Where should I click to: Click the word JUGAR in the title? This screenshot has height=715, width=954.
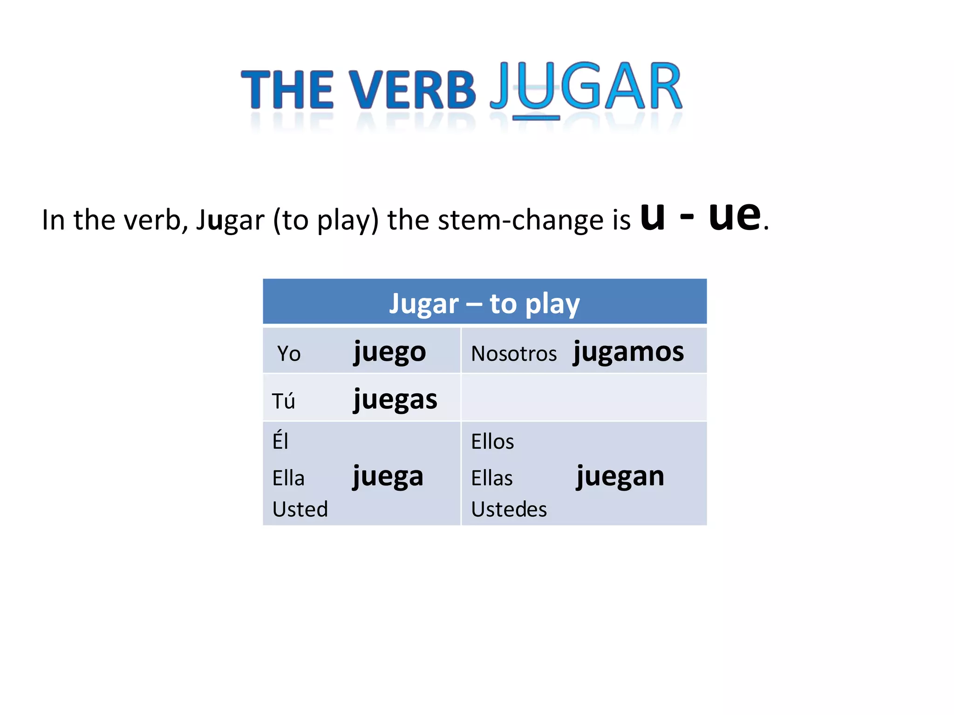pyautogui.click(x=586, y=87)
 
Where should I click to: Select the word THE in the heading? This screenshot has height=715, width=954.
pyautogui.click(x=287, y=90)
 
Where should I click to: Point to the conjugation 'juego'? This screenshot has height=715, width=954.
pyautogui.click(x=389, y=352)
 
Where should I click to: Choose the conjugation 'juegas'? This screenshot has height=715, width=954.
pyautogui.click(x=395, y=400)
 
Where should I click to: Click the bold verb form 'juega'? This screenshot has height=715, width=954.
pyautogui.click(x=388, y=477)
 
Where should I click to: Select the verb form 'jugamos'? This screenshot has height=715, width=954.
pyautogui.click(x=628, y=352)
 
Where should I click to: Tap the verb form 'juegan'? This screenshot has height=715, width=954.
pyautogui.click(x=620, y=477)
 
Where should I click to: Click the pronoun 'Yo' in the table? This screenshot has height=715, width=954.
pyautogui.click(x=289, y=354)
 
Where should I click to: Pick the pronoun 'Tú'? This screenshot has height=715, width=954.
pyautogui.click(x=283, y=401)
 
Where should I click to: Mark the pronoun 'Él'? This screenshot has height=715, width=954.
pyautogui.click(x=280, y=440)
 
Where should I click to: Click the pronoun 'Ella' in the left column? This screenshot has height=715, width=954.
pyautogui.click(x=288, y=478)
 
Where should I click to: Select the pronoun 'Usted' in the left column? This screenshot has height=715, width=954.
pyautogui.click(x=300, y=509)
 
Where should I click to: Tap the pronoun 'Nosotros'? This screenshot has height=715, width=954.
pyautogui.click(x=514, y=354)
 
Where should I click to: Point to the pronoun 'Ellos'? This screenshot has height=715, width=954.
pyautogui.click(x=492, y=441)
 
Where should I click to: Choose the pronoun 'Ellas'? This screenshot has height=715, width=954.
pyautogui.click(x=492, y=478)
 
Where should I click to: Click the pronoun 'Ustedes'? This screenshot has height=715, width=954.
pyautogui.click(x=509, y=509)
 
